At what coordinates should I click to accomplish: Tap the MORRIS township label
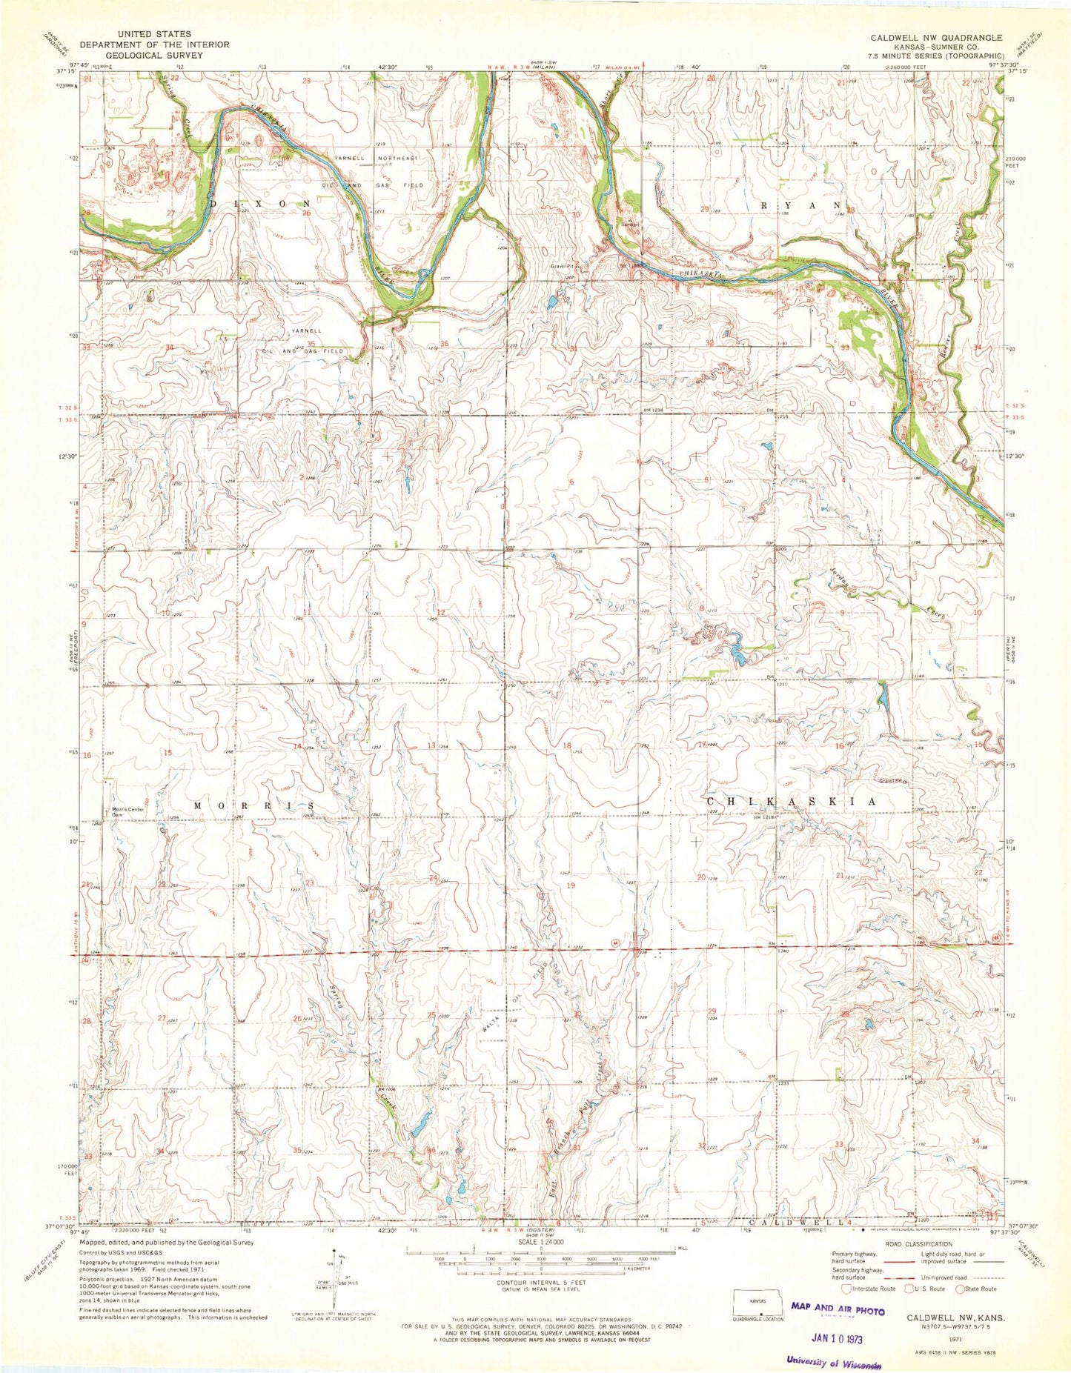click(x=254, y=805)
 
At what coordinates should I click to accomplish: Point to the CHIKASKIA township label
click(x=791, y=802)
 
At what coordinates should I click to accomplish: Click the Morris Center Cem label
click(x=127, y=811)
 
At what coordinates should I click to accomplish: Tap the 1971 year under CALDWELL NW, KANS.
click(x=955, y=1340)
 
